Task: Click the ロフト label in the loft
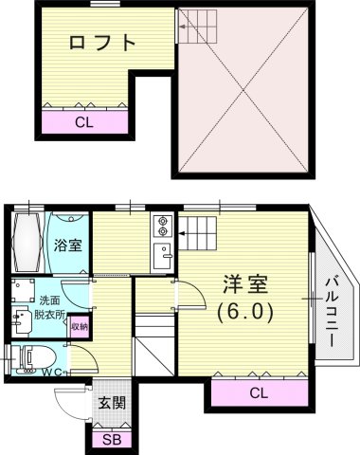[x=103, y=43]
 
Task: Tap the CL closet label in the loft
[x=84, y=121]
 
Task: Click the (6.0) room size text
[x=244, y=311]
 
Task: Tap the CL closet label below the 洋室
[x=259, y=391]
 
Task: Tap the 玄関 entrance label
[x=111, y=403]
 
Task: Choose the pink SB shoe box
[x=110, y=439]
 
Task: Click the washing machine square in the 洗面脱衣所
[x=24, y=289]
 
